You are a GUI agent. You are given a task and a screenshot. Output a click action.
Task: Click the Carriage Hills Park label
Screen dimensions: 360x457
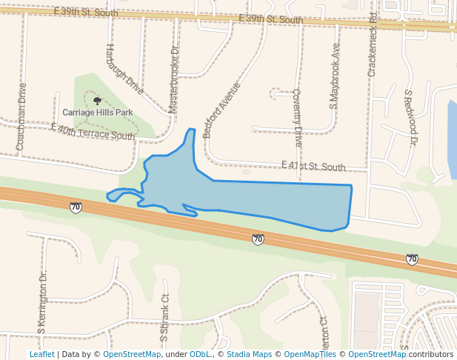97,113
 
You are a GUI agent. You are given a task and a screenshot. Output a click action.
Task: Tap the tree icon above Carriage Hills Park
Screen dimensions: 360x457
97,100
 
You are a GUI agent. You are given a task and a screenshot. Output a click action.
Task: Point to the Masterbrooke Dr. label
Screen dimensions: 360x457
174,80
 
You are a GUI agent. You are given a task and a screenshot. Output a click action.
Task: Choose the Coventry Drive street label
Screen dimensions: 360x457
297,117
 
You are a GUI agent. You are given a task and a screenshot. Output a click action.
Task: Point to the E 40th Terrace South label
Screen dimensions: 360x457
93,132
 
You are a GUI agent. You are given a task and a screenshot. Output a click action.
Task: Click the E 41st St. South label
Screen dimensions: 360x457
313,167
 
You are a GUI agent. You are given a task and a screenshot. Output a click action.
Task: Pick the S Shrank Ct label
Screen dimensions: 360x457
164,317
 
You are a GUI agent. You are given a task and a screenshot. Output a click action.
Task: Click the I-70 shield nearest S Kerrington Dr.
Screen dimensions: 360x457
76,207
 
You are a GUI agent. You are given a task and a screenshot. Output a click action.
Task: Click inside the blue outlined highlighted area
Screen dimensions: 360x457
281,201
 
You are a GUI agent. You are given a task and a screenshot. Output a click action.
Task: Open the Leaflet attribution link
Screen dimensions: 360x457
41,354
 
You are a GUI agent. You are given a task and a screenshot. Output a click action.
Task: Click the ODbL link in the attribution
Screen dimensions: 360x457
200,354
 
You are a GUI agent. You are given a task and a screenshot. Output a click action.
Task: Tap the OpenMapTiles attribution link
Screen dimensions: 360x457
310,354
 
